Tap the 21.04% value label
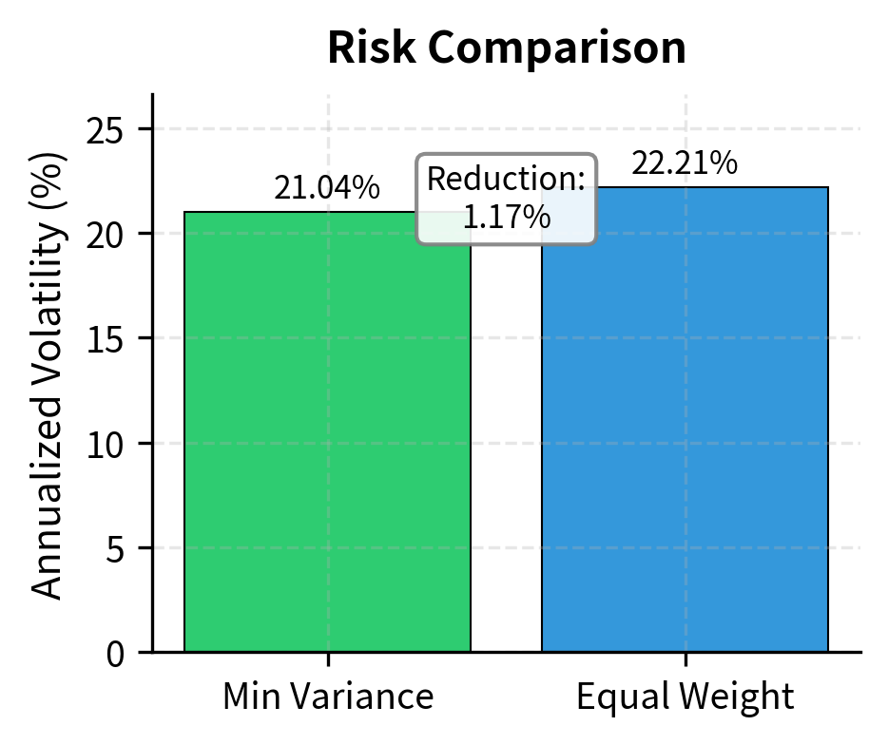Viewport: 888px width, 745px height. (x=327, y=188)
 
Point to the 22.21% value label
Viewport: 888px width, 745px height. (x=685, y=163)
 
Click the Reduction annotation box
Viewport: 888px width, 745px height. (x=507, y=199)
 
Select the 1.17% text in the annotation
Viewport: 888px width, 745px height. (x=507, y=217)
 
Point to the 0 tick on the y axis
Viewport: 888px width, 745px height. (x=113, y=654)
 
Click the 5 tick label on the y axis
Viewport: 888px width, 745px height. (x=113, y=549)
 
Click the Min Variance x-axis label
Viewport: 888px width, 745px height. (x=328, y=697)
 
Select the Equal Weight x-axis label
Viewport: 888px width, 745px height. (x=685, y=697)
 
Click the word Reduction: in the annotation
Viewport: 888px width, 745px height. (x=507, y=180)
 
